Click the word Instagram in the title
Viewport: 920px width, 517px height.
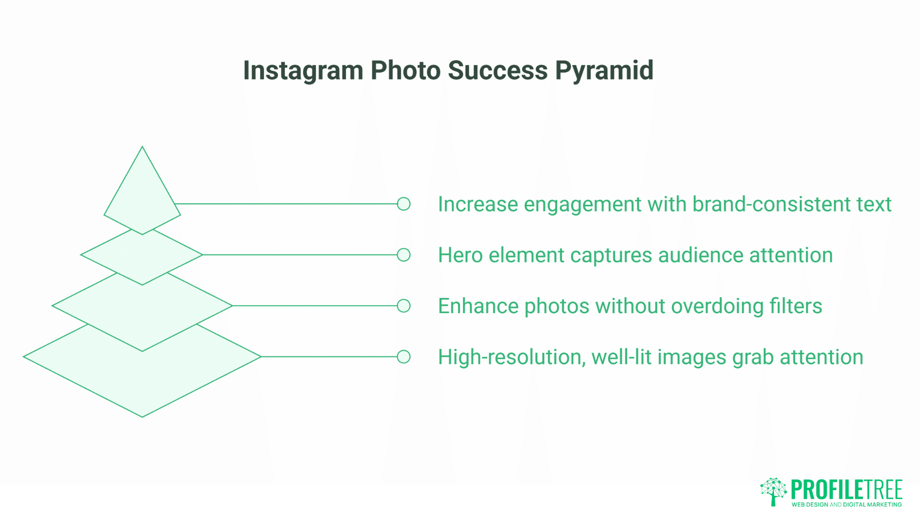303,71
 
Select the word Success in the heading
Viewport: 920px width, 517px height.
497,71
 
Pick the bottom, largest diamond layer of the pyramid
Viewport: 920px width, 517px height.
142,383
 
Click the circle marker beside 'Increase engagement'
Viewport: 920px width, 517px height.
404,204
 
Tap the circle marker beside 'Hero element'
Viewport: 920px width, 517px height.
404,255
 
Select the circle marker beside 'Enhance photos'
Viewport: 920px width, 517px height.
404,306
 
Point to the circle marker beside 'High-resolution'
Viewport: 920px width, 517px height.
404,357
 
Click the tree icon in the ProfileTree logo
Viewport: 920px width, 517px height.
773,491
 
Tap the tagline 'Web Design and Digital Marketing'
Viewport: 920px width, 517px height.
846,505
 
